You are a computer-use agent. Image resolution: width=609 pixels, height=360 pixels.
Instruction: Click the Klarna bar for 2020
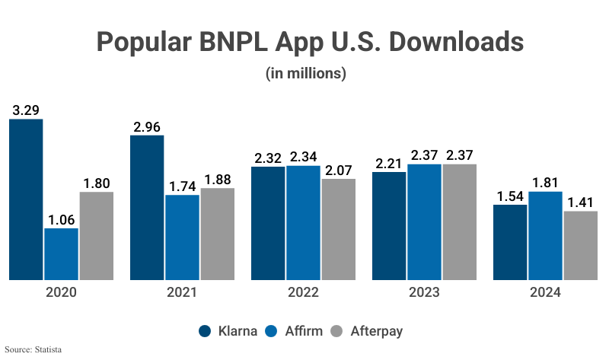click(26, 199)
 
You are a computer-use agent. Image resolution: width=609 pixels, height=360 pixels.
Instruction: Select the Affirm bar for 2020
click(61, 254)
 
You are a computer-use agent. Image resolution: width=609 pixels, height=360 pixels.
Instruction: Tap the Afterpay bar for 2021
click(218, 234)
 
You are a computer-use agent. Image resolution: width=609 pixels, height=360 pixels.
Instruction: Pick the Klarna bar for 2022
click(268, 223)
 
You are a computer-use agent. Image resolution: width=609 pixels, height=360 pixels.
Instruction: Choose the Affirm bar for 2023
click(424, 221)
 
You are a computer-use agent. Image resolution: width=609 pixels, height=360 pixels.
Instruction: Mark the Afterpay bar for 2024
click(581, 245)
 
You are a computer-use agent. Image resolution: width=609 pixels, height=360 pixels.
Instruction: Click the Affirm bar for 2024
click(545, 235)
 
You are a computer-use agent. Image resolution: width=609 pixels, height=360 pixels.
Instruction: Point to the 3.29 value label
click(26, 110)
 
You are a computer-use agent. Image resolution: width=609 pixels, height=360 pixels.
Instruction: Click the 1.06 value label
click(61, 219)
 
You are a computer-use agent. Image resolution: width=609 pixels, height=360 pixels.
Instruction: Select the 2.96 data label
click(147, 126)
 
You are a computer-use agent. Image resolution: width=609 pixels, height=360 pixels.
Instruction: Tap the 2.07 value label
click(338, 170)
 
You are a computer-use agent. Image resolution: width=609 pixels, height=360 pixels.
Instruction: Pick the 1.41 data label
click(580, 202)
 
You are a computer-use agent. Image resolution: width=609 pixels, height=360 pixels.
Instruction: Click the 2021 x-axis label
click(182, 293)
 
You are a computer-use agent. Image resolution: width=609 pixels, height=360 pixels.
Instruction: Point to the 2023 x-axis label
click(424, 293)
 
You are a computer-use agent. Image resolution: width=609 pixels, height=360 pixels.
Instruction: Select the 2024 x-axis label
click(545, 293)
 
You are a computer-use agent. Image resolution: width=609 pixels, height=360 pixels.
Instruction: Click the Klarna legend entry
click(227, 331)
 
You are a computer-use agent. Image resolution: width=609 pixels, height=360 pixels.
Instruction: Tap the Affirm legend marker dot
click(273, 331)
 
